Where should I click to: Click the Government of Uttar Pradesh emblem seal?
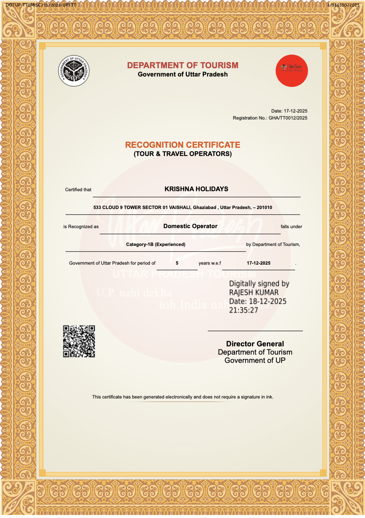click(x=74, y=71)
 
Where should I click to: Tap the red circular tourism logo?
click(x=292, y=71)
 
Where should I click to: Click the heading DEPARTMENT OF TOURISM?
click(x=182, y=65)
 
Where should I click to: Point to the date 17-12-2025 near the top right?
click(x=295, y=111)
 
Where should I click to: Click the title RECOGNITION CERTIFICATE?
click(x=182, y=145)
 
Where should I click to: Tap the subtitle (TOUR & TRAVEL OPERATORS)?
click(x=182, y=154)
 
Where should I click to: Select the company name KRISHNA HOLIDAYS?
click(x=196, y=189)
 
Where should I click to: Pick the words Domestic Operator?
click(x=190, y=226)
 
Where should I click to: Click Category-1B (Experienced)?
click(x=156, y=245)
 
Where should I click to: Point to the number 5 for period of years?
click(x=177, y=263)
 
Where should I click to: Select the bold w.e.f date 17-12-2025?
click(x=259, y=263)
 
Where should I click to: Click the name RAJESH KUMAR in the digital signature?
click(x=254, y=292)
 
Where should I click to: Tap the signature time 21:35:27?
click(x=244, y=310)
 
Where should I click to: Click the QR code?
click(x=79, y=341)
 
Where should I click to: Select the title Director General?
click(x=255, y=344)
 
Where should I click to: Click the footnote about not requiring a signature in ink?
click(x=182, y=397)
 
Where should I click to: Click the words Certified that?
click(x=78, y=189)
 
